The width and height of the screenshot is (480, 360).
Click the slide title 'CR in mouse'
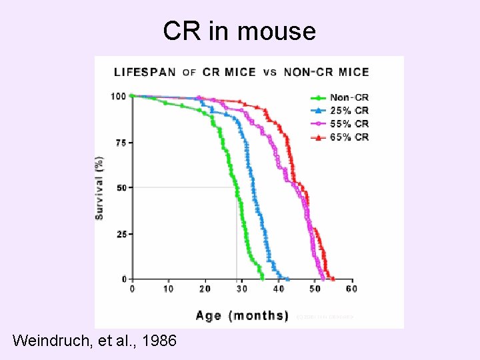click(239, 31)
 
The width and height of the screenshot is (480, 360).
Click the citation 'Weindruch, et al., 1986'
click(95, 341)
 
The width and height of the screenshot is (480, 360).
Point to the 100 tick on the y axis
click(118, 96)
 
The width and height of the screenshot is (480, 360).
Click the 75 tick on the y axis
click(121, 143)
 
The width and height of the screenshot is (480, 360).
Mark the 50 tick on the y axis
click(121, 188)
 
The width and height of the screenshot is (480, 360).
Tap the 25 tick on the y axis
click(121, 234)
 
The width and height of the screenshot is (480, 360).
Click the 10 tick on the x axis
click(168, 289)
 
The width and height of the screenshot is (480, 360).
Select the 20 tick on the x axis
click(205, 289)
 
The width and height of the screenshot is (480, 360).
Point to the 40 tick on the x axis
click(278, 289)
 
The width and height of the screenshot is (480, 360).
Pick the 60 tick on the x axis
click(351, 289)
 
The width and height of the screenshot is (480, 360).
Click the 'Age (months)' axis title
click(242, 315)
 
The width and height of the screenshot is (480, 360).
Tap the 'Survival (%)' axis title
click(99, 188)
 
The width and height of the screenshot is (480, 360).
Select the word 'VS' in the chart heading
click(270, 72)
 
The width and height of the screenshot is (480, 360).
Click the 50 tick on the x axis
click(315, 289)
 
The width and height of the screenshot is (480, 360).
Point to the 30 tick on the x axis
click(241, 289)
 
